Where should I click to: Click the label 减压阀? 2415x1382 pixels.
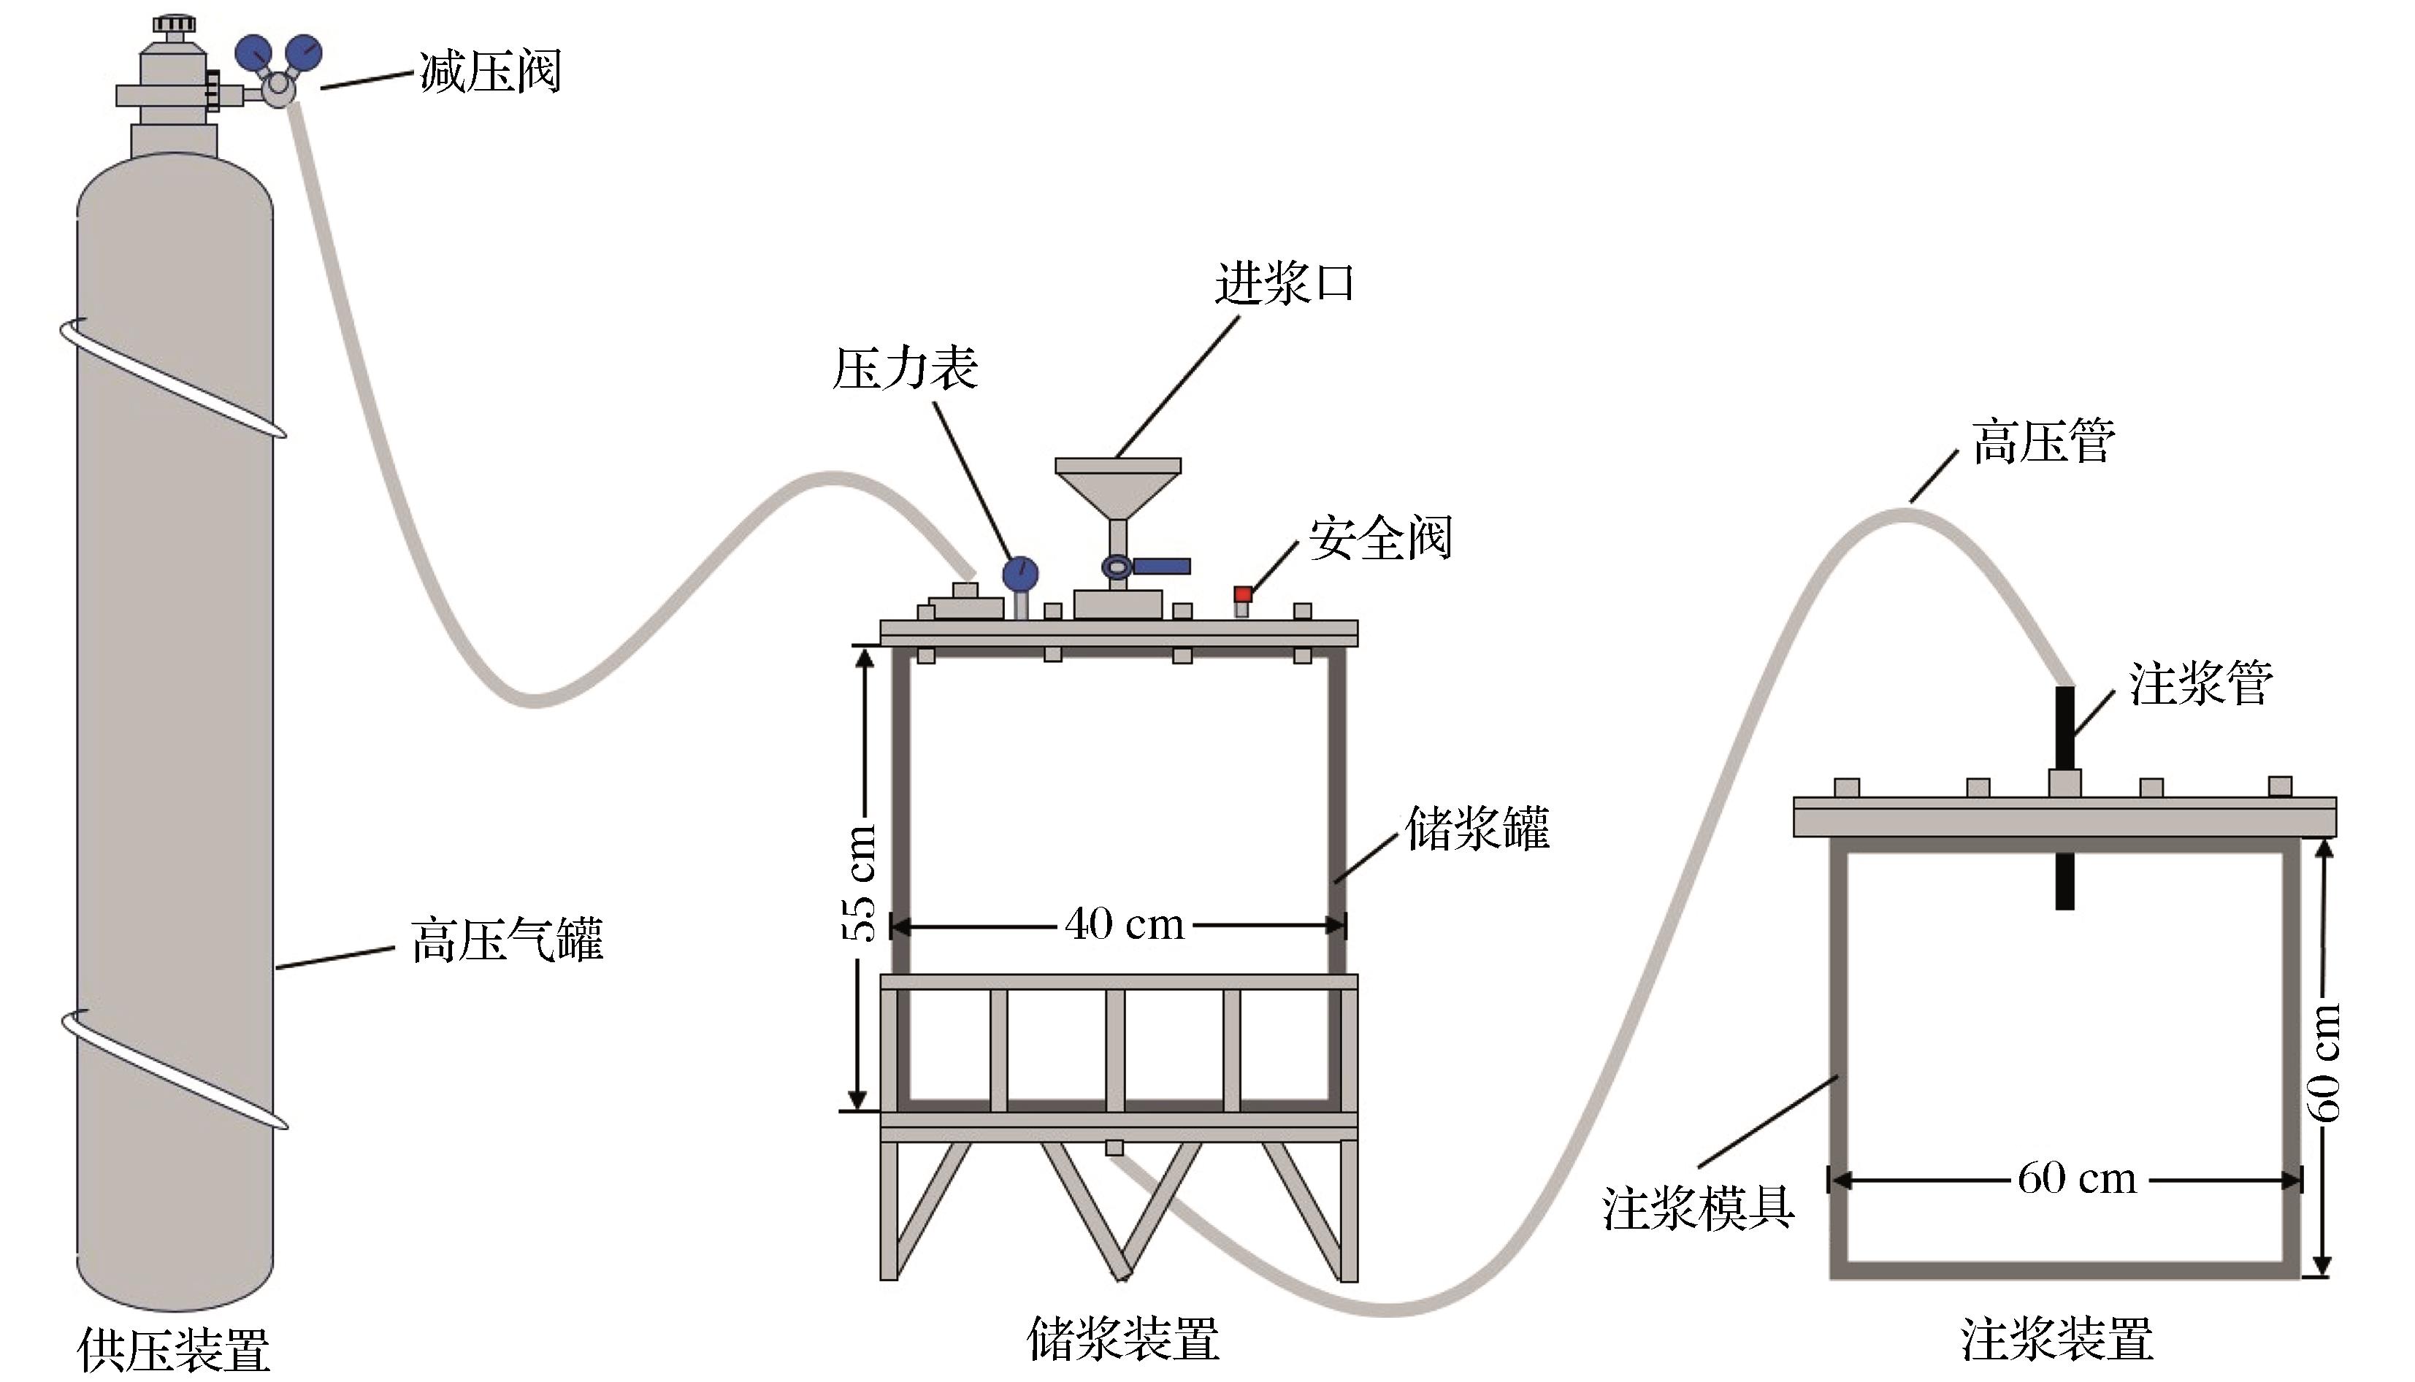point(490,72)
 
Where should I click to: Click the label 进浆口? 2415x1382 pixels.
point(1285,283)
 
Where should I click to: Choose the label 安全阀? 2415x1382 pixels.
point(1380,538)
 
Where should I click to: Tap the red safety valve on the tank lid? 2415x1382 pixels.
point(1243,595)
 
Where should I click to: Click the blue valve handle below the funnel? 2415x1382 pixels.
point(1161,567)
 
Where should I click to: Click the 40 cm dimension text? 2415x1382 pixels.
point(1125,924)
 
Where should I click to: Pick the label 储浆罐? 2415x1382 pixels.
point(1477,828)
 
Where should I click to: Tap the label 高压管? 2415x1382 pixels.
point(2043,442)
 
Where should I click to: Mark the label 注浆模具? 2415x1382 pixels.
point(1699,1208)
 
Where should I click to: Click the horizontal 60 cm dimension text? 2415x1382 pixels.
point(2077,1179)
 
